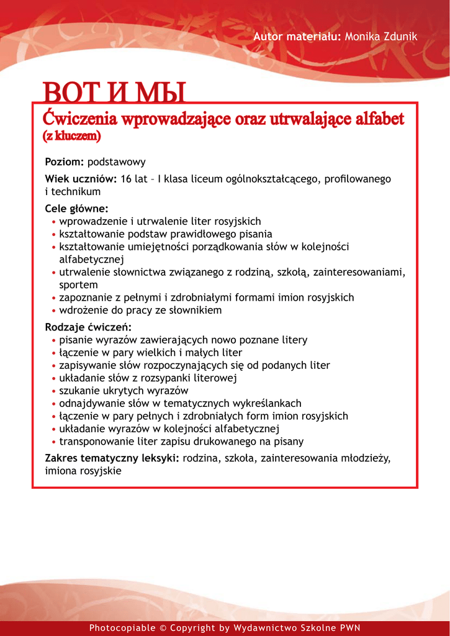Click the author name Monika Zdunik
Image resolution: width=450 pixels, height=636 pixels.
[x=380, y=37]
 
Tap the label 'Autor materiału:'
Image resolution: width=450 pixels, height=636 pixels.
[x=297, y=37]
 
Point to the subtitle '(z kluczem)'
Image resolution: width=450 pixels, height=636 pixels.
[x=71, y=135]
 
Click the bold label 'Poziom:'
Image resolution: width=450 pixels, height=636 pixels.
[x=65, y=162]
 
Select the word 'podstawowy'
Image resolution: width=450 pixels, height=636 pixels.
[x=117, y=162]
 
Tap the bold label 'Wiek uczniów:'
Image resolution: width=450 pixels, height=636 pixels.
[x=81, y=179]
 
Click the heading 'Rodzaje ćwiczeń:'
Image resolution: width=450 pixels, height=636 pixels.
[x=88, y=327]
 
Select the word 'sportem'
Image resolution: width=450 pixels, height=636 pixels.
[x=78, y=285]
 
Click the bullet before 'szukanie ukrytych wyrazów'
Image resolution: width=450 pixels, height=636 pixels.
[x=55, y=391]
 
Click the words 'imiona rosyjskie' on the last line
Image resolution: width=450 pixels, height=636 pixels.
[x=83, y=471]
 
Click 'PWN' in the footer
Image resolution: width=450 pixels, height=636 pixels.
[x=349, y=628]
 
